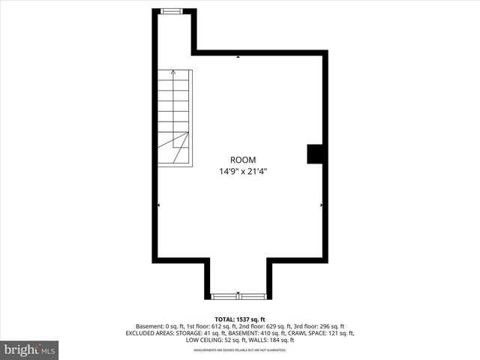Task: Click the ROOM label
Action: (x=242, y=160)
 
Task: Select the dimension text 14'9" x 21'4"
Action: (x=242, y=172)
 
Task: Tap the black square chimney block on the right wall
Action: (x=315, y=154)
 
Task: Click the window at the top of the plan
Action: (x=172, y=10)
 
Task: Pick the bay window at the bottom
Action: (x=238, y=296)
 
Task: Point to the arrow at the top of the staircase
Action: (x=174, y=73)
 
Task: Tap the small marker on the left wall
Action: (x=158, y=204)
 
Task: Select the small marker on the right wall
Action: (x=321, y=204)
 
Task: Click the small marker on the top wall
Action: (x=238, y=56)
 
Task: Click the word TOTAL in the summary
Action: (x=225, y=319)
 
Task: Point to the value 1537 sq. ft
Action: (x=252, y=319)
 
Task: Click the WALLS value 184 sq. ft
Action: (x=280, y=340)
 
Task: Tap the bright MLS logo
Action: (x=29, y=349)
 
